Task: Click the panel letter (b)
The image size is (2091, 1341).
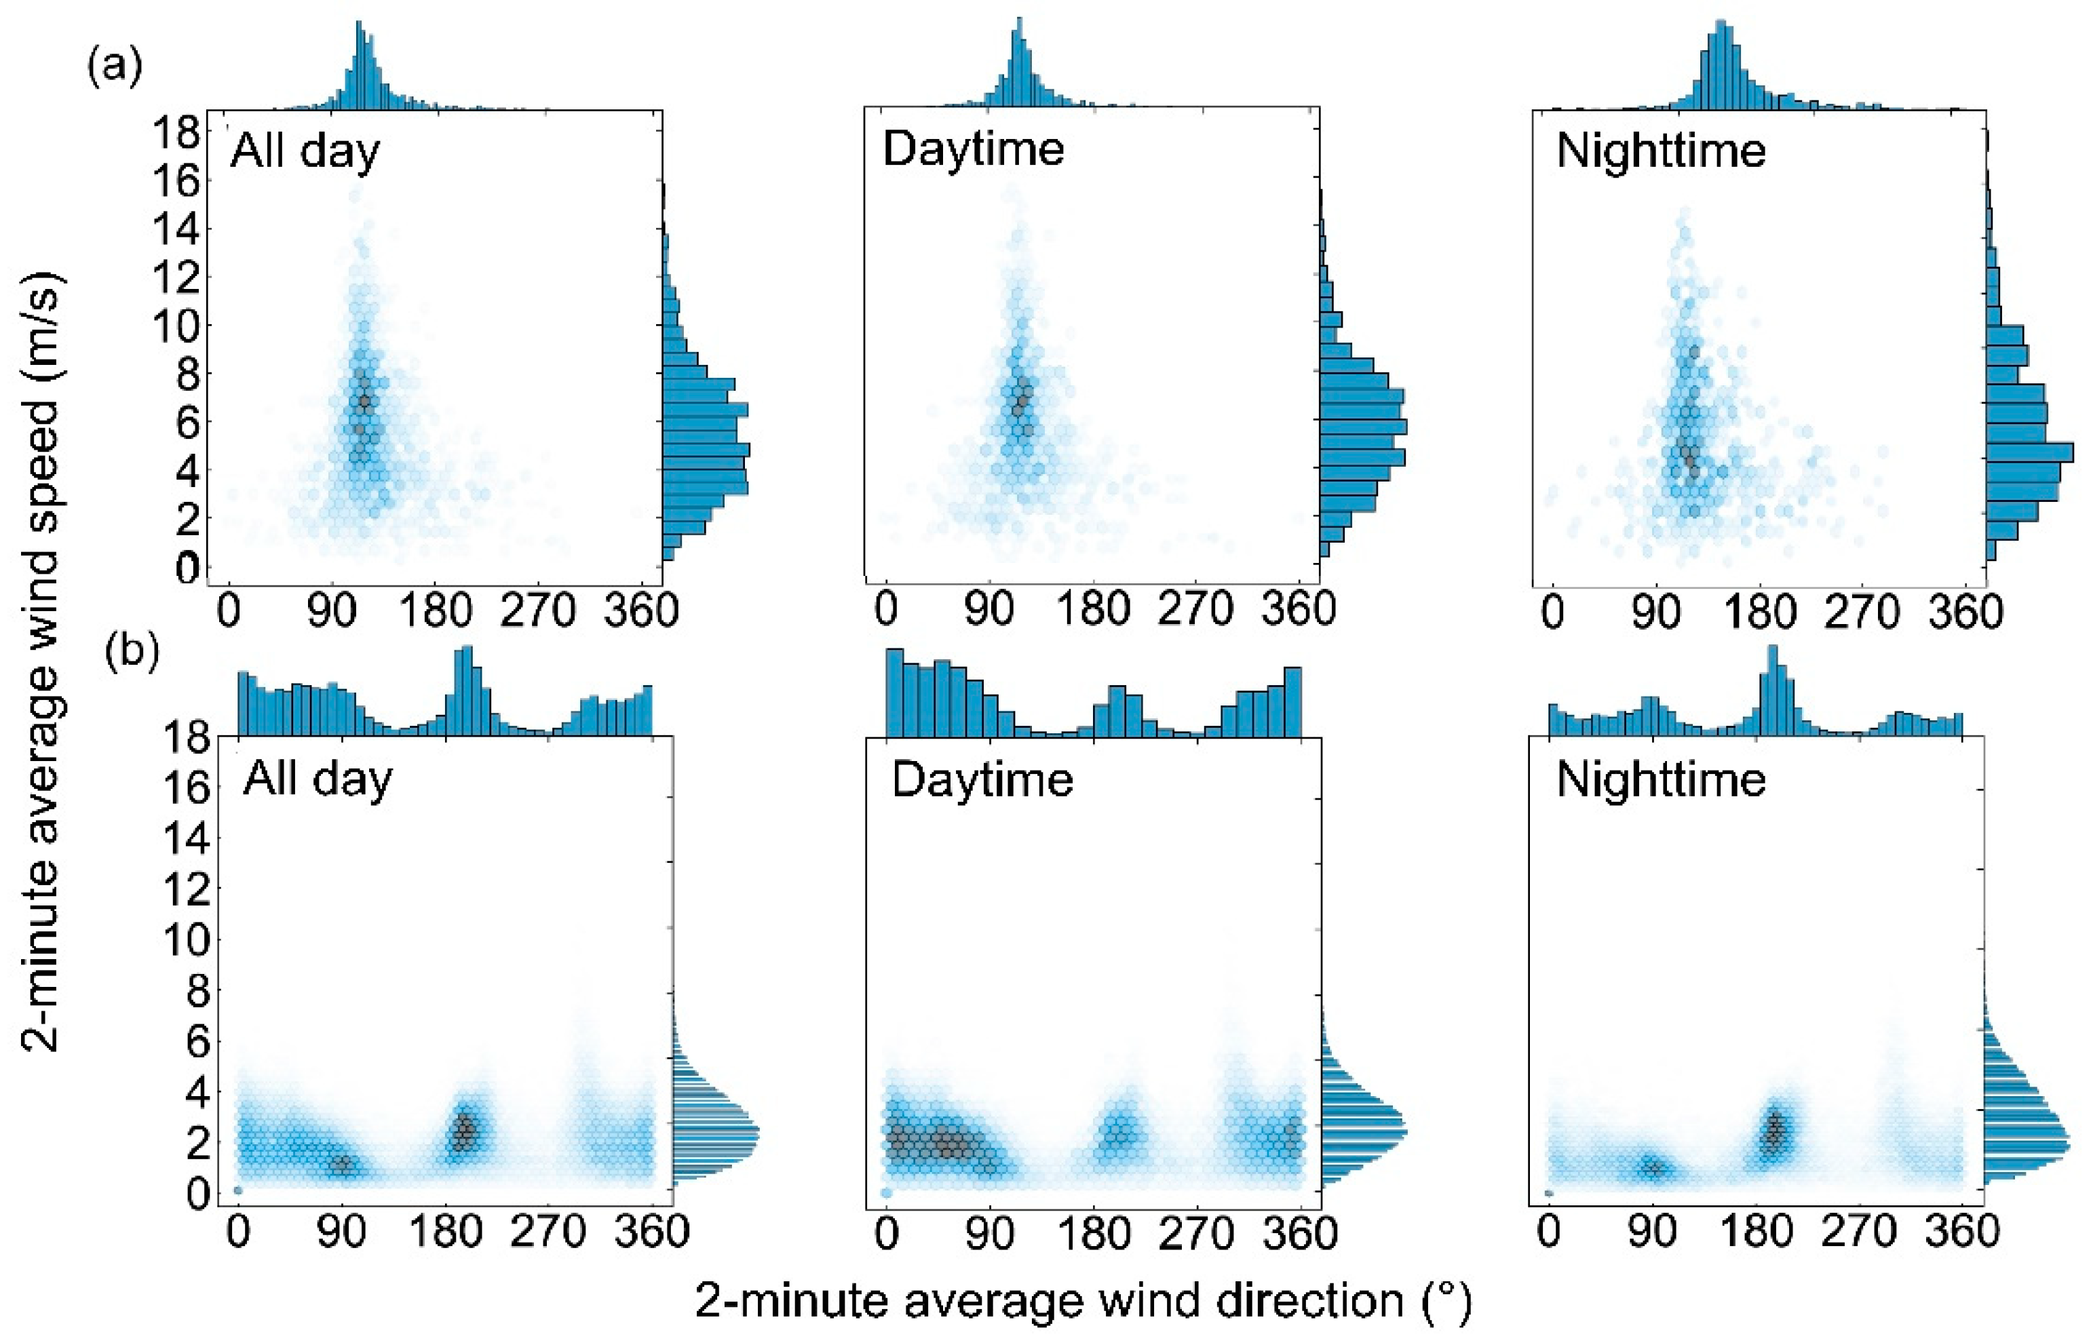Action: click(131, 653)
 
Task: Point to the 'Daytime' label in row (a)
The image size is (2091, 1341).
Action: click(973, 149)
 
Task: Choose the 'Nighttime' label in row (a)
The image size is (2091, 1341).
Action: click(1661, 151)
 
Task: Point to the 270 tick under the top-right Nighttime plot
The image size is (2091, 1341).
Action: click(1862, 613)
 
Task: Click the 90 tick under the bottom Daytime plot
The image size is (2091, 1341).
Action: click(989, 1234)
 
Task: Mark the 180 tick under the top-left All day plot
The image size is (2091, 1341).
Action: click(436, 611)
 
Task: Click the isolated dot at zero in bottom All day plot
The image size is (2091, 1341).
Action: click(237, 1190)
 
